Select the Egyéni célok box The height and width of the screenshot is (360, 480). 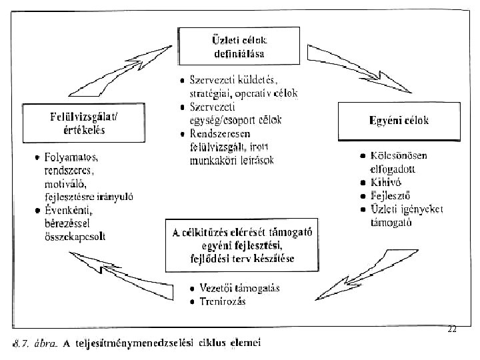[399, 121]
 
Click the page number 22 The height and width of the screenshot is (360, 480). [452, 329]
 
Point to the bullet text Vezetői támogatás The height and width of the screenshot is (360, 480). [239, 289]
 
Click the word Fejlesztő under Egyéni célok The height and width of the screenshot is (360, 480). [390, 197]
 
